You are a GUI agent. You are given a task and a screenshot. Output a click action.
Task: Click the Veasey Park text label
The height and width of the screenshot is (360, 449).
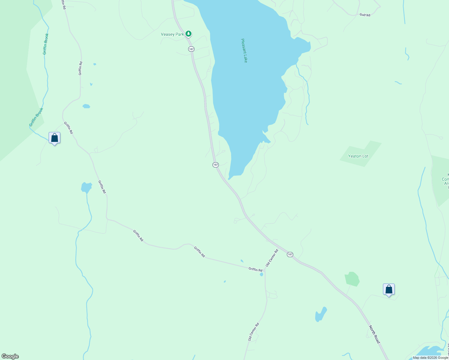point(172,34)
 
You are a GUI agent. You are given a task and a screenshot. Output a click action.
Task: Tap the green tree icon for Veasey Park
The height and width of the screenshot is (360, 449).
point(188,34)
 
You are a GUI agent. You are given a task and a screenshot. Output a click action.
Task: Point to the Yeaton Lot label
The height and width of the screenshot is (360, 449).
point(358,156)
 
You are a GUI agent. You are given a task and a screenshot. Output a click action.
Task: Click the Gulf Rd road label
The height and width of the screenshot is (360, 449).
point(365,15)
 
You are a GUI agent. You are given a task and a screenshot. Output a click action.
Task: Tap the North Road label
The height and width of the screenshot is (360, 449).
point(374,334)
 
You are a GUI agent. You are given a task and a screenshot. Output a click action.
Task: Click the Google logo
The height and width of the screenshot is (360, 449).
point(10,356)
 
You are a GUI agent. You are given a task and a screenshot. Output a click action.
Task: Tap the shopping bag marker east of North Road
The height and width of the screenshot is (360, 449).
point(389,289)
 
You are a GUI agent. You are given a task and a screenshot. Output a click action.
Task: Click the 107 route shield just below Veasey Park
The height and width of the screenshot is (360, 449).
point(191,49)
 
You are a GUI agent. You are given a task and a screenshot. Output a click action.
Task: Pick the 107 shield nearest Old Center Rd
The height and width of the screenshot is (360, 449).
point(290,254)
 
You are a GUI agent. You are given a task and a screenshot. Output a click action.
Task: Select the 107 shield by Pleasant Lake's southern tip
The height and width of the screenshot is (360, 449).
point(215,165)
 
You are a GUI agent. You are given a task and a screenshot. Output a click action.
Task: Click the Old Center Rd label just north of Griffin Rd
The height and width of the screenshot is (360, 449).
point(272,258)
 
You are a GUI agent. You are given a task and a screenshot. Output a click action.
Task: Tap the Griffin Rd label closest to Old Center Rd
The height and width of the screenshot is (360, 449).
point(255,269)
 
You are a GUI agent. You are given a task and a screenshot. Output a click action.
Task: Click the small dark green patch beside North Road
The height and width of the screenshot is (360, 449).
point(352,279)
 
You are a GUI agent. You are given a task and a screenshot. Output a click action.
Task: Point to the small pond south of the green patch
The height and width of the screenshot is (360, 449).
point(321,314)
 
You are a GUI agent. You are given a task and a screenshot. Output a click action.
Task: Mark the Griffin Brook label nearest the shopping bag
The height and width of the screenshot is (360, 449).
point(36,117)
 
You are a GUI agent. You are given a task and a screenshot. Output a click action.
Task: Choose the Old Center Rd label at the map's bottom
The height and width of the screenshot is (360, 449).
point(254,332)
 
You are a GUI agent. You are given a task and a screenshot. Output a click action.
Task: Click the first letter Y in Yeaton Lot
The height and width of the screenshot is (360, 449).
point(349,156)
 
